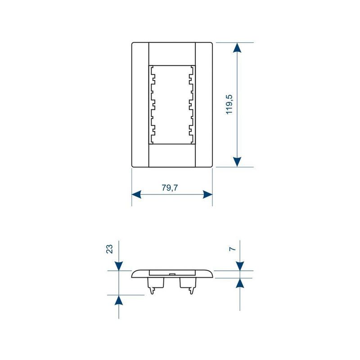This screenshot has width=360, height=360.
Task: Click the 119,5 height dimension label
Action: tap(229, 104)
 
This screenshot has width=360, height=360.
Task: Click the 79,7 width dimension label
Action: tap(170, 188)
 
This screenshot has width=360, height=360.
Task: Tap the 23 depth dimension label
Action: tap(109, 249)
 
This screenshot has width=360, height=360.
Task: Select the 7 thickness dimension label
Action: tap(233, 249)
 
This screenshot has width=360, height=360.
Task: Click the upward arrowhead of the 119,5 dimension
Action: tap(237, 48)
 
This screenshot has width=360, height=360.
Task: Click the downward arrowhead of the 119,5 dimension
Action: tap(237, 162)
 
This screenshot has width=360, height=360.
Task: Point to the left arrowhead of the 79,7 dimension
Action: tap(136, 194)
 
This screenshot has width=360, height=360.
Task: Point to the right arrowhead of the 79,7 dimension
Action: tap(208, 194)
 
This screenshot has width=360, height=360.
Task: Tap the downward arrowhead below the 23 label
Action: tap(118, 266)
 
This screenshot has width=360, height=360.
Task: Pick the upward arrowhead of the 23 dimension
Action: tap(118, 300)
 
